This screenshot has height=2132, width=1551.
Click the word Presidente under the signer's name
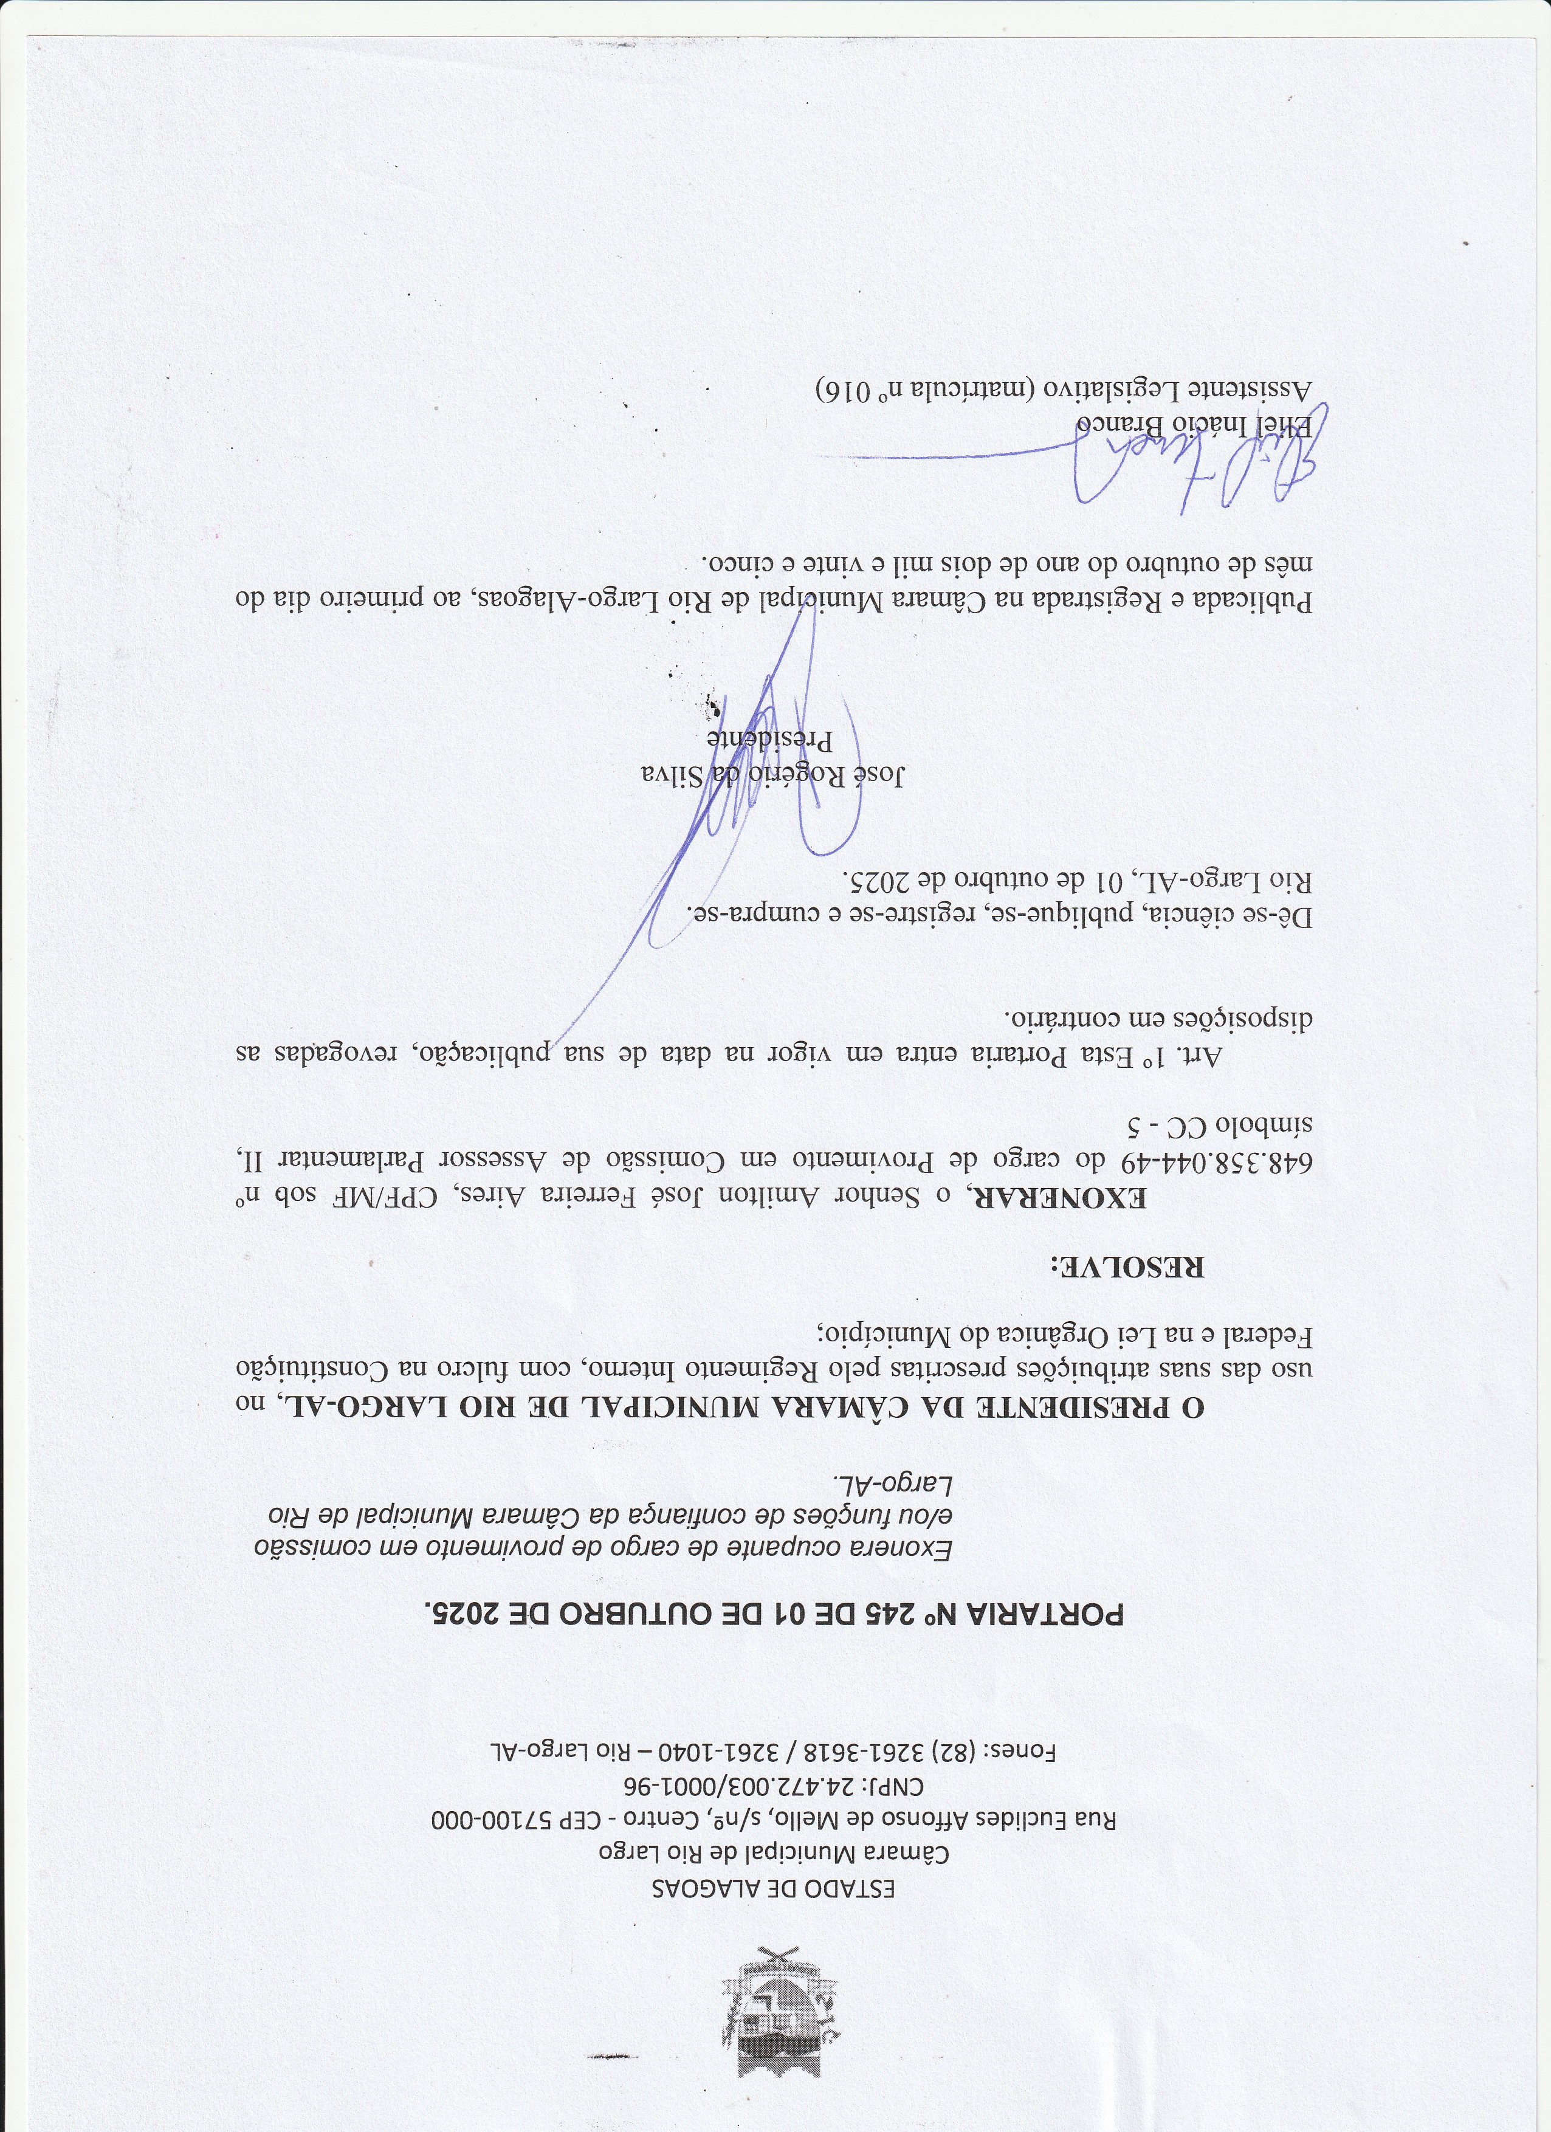(x=772, y=740)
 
